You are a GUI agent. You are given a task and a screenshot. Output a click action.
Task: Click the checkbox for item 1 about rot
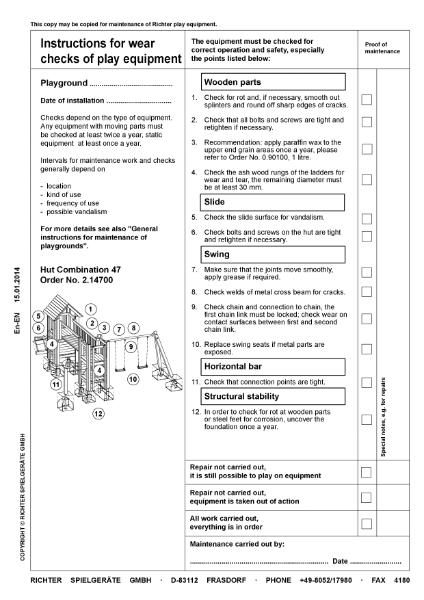[x=366, y=99]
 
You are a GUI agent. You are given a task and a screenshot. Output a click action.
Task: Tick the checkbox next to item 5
[x=366, y=216]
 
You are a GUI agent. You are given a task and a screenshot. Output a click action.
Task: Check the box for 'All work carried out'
[x=366, y=523]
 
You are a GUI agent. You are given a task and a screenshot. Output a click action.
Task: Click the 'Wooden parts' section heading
[x=272, y=81]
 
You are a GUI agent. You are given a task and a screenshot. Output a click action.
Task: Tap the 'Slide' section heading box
[x=272, y=202]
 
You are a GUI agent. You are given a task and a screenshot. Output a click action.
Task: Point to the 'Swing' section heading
[x=272, y=254]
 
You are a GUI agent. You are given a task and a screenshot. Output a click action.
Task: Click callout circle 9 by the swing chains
[x=130, y=346]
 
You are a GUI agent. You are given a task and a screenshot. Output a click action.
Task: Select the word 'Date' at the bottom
[x=340, y=561]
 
